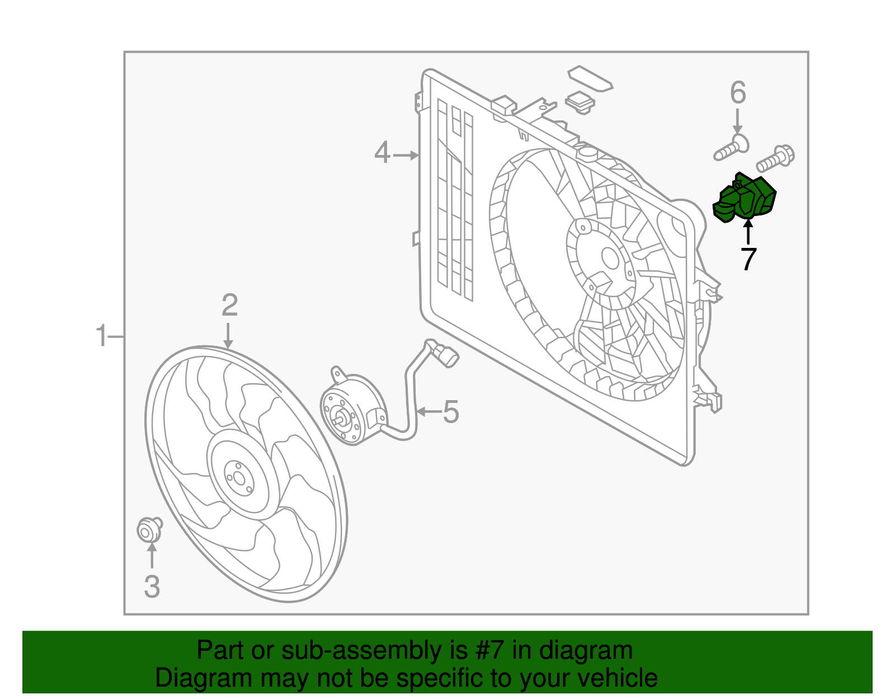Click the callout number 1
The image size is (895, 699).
(101, 336)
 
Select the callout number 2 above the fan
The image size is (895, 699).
(229, 306)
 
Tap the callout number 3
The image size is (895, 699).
(152, 587)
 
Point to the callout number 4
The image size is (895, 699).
(382, 153)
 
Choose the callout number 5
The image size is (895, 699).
(451, 412)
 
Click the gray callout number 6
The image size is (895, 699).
(738, 93)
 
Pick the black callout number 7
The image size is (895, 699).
(748, 259)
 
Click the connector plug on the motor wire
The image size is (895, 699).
(448, 356)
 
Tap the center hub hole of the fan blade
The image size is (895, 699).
(239, 478)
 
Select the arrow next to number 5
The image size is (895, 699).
(428, 412)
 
